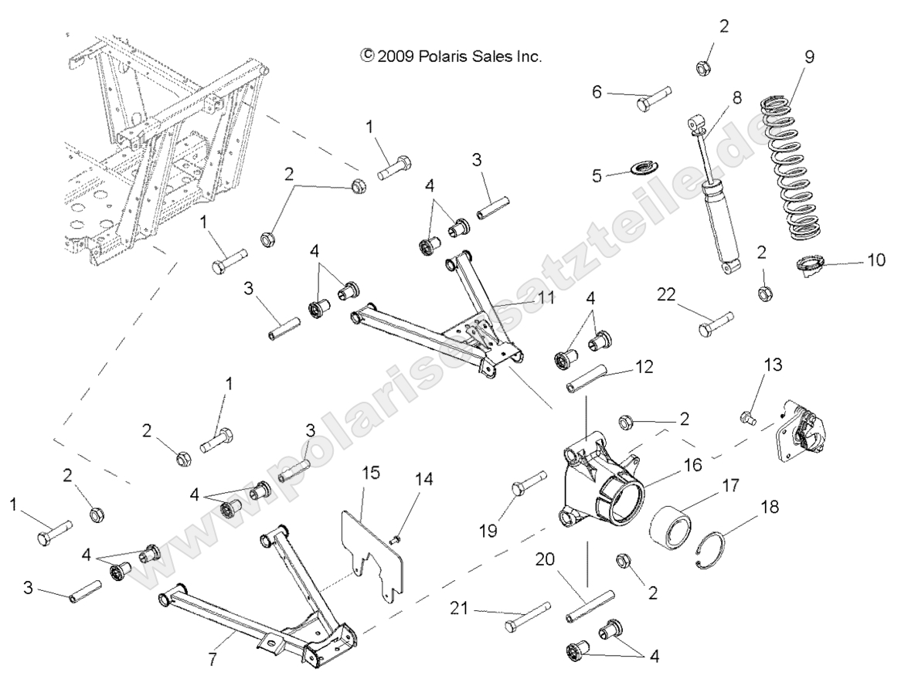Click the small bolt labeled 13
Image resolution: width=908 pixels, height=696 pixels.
point(746,418)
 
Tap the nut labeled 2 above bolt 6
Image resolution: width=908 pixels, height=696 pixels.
point(705,66)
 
